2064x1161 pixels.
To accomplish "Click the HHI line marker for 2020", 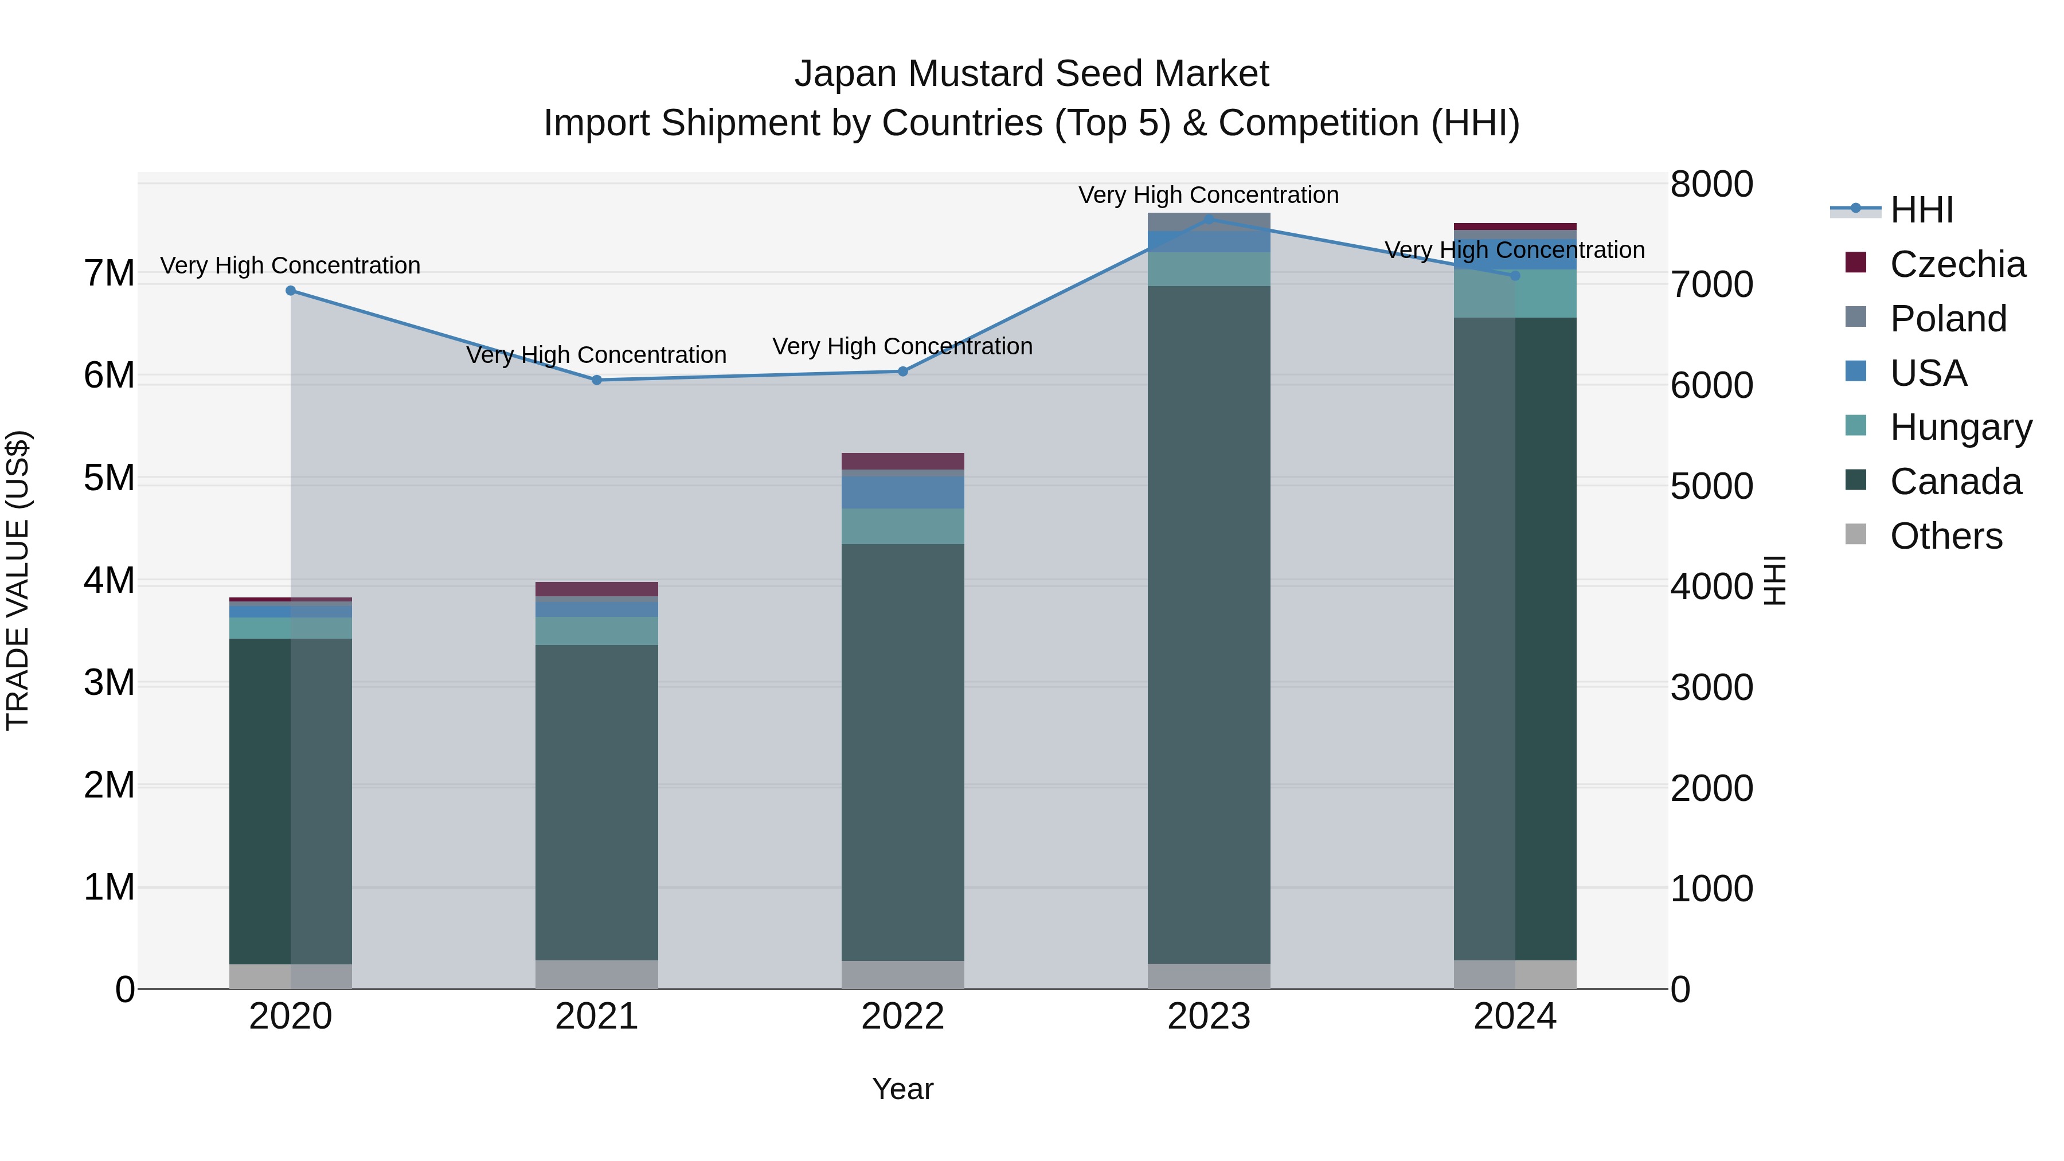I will [291, 291].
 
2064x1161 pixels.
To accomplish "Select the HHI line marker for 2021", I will [597, 380].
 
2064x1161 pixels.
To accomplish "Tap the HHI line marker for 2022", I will [903, 371].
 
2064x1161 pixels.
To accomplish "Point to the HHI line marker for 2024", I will [1515, 276].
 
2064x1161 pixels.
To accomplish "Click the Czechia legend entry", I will [1957, 264].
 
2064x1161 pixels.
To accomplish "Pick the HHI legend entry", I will [1921, 210].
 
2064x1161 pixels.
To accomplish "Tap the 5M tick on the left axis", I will [109, 478].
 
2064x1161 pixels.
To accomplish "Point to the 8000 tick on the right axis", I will [1711, 184].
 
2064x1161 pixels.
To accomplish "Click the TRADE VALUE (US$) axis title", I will [18, 580].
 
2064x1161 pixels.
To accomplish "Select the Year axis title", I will [902, 1089].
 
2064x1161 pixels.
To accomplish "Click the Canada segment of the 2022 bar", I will [903, 753].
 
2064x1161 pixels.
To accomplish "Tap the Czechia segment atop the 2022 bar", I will [903, 461].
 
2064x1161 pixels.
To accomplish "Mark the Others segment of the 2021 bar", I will [597, 974].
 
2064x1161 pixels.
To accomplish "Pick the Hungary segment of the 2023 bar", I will [1209, 269].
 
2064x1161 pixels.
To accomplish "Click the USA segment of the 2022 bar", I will [903, 492].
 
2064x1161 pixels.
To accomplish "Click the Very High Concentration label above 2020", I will [290, 265].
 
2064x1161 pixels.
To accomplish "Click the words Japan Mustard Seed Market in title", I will [1031, 74].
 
